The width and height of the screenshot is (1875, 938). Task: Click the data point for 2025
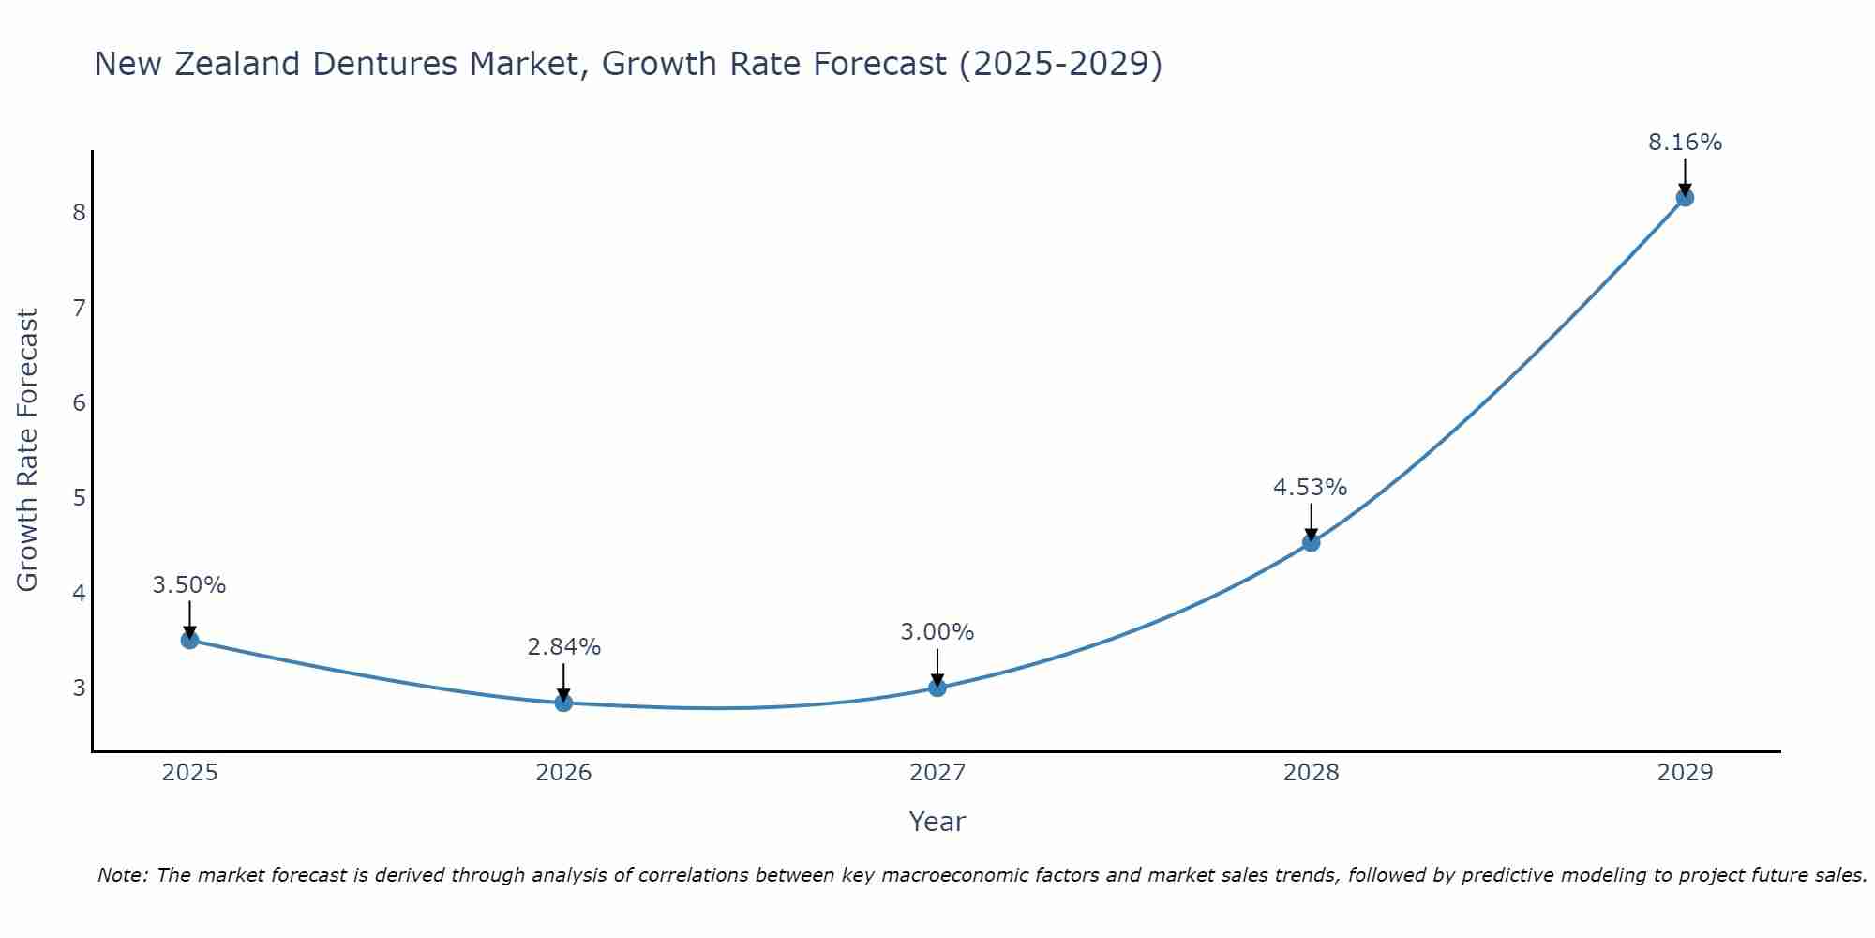tap(189, 640)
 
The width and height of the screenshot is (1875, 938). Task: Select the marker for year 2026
tap(563, 703)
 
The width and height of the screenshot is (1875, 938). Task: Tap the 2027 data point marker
tap(937, 688)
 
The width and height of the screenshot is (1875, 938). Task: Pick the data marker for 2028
tap(1312, 542)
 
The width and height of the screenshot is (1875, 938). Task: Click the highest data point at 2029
tap(1685, 197)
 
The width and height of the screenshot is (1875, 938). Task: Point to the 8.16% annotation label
tap(1685, 143)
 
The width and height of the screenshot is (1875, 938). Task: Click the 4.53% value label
tap(1310, 488)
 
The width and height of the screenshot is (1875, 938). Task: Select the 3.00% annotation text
tap(937, 632)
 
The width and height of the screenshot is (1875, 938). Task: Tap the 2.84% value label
tap(563, 647)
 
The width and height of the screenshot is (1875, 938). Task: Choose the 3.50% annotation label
tap(189, 585)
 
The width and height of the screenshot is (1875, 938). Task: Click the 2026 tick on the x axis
tap(563, 773)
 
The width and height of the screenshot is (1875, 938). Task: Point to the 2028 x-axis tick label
tap(1312, 773)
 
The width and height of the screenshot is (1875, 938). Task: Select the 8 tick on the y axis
tap(79, 212)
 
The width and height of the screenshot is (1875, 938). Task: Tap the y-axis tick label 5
tap(79, 497)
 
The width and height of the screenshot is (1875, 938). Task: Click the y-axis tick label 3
tap(79, 688)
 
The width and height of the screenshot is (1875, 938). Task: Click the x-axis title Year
tap(937, 822)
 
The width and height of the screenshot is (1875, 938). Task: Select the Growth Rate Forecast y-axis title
tap(28, 450)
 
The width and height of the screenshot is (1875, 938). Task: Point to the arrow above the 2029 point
tap(1685, 176)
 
